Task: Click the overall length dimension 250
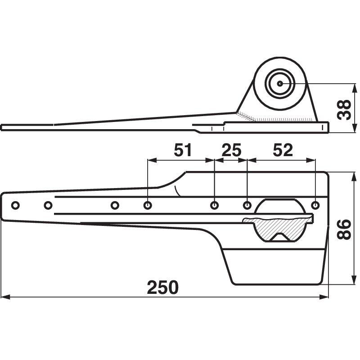point(162,287)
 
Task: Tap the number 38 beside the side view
point(344,108)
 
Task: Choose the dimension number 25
point(231,150)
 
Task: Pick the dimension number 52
point(282,150)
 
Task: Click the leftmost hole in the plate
point(15,206)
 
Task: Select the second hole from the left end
point(48,206)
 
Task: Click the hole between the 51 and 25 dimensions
point(215,206)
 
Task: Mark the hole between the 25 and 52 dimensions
point(247,206)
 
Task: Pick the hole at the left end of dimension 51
point(148,206)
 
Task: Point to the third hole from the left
point(115,206)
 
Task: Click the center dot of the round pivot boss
point(279,83)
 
